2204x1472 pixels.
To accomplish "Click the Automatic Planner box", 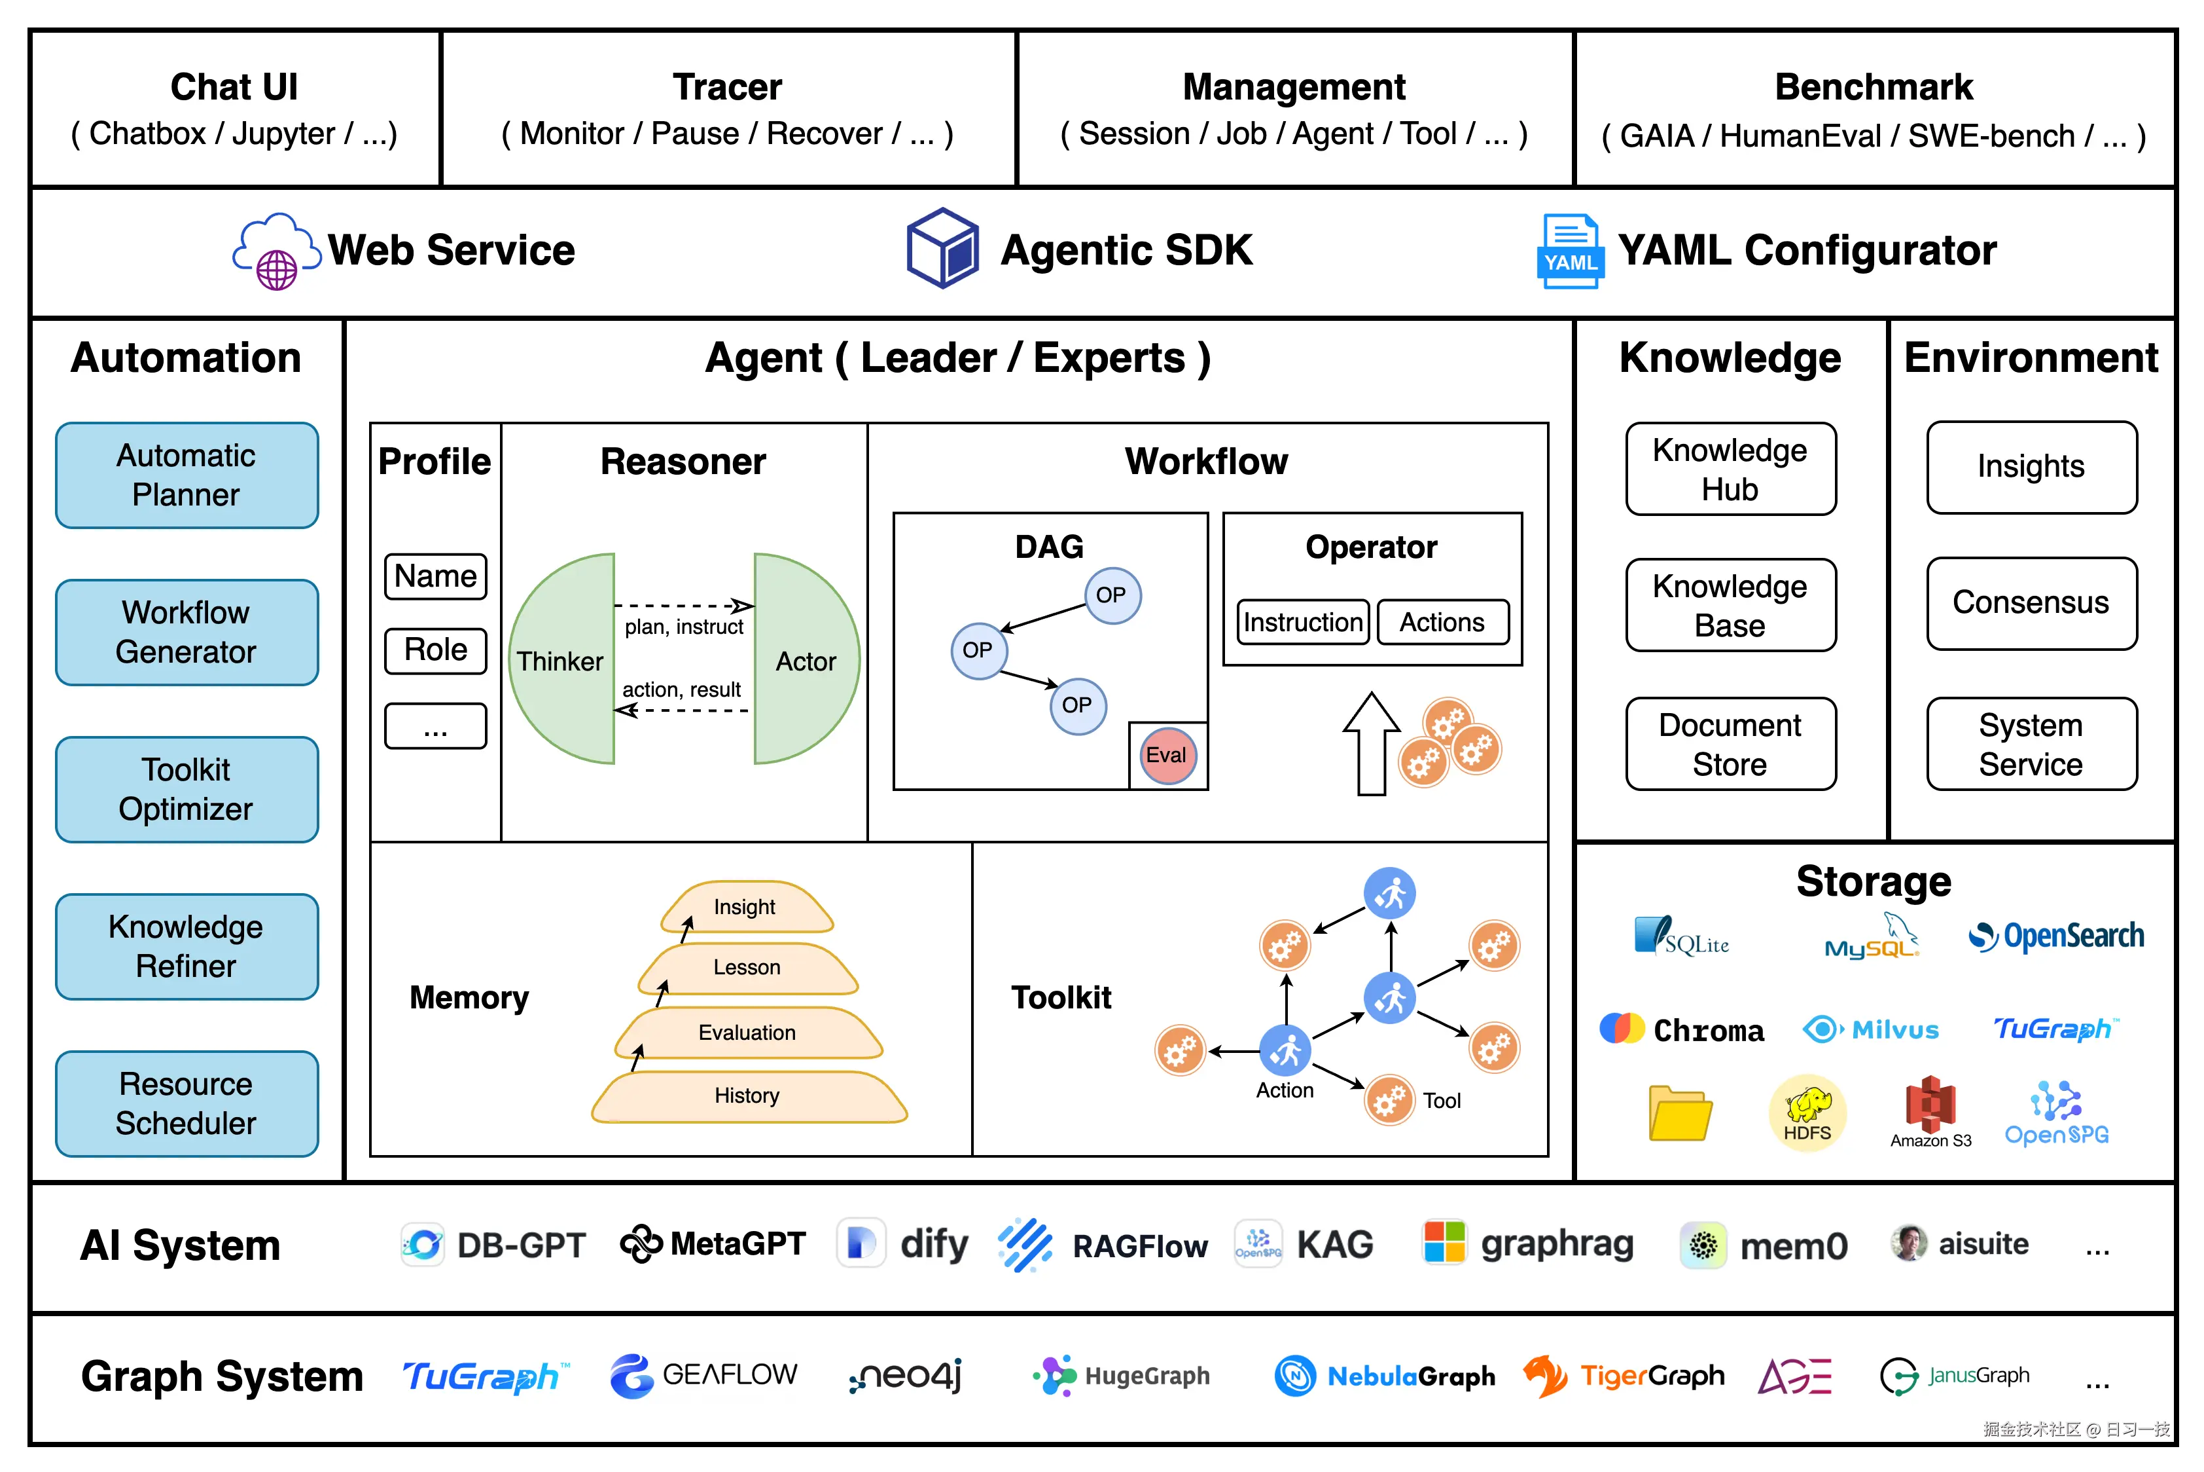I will (187, 475).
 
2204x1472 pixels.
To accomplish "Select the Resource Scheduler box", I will (187, 1103).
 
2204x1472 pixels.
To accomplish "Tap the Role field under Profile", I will (435, 650).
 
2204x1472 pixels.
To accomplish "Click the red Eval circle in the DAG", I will (1167, 755).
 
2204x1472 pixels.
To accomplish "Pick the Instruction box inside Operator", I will (1302, 623).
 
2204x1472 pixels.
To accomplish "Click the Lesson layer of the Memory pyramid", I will (747, 968).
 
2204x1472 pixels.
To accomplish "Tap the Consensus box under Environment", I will (2031, 602).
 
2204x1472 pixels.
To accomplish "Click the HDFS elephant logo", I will (1807, 1111).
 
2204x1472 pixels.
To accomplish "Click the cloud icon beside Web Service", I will (276, 251).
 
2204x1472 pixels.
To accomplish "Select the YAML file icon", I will (1570, 251).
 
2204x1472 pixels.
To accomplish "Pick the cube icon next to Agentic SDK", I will (943, 249).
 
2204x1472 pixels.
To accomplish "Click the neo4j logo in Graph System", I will (906, 1376).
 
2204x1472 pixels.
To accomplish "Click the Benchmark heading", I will (1874, 87).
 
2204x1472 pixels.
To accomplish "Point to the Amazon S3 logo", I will (1930, 1111).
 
